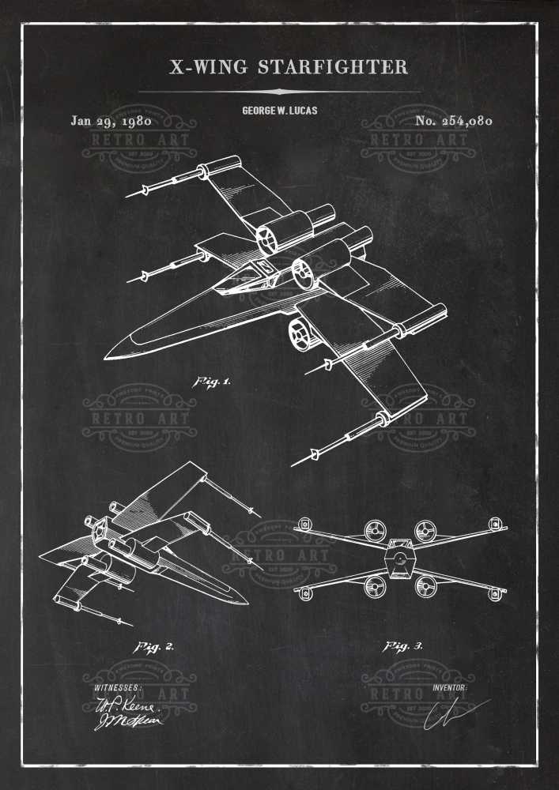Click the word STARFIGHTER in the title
(333, 67)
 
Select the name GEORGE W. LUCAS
(279, 111)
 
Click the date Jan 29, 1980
(111, 121)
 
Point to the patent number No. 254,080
(453, 121)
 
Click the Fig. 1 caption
(212, 382)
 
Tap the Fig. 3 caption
(403, 647)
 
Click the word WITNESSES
(118, 687)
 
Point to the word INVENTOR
(450, 687)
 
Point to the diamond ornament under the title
(279, 92)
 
